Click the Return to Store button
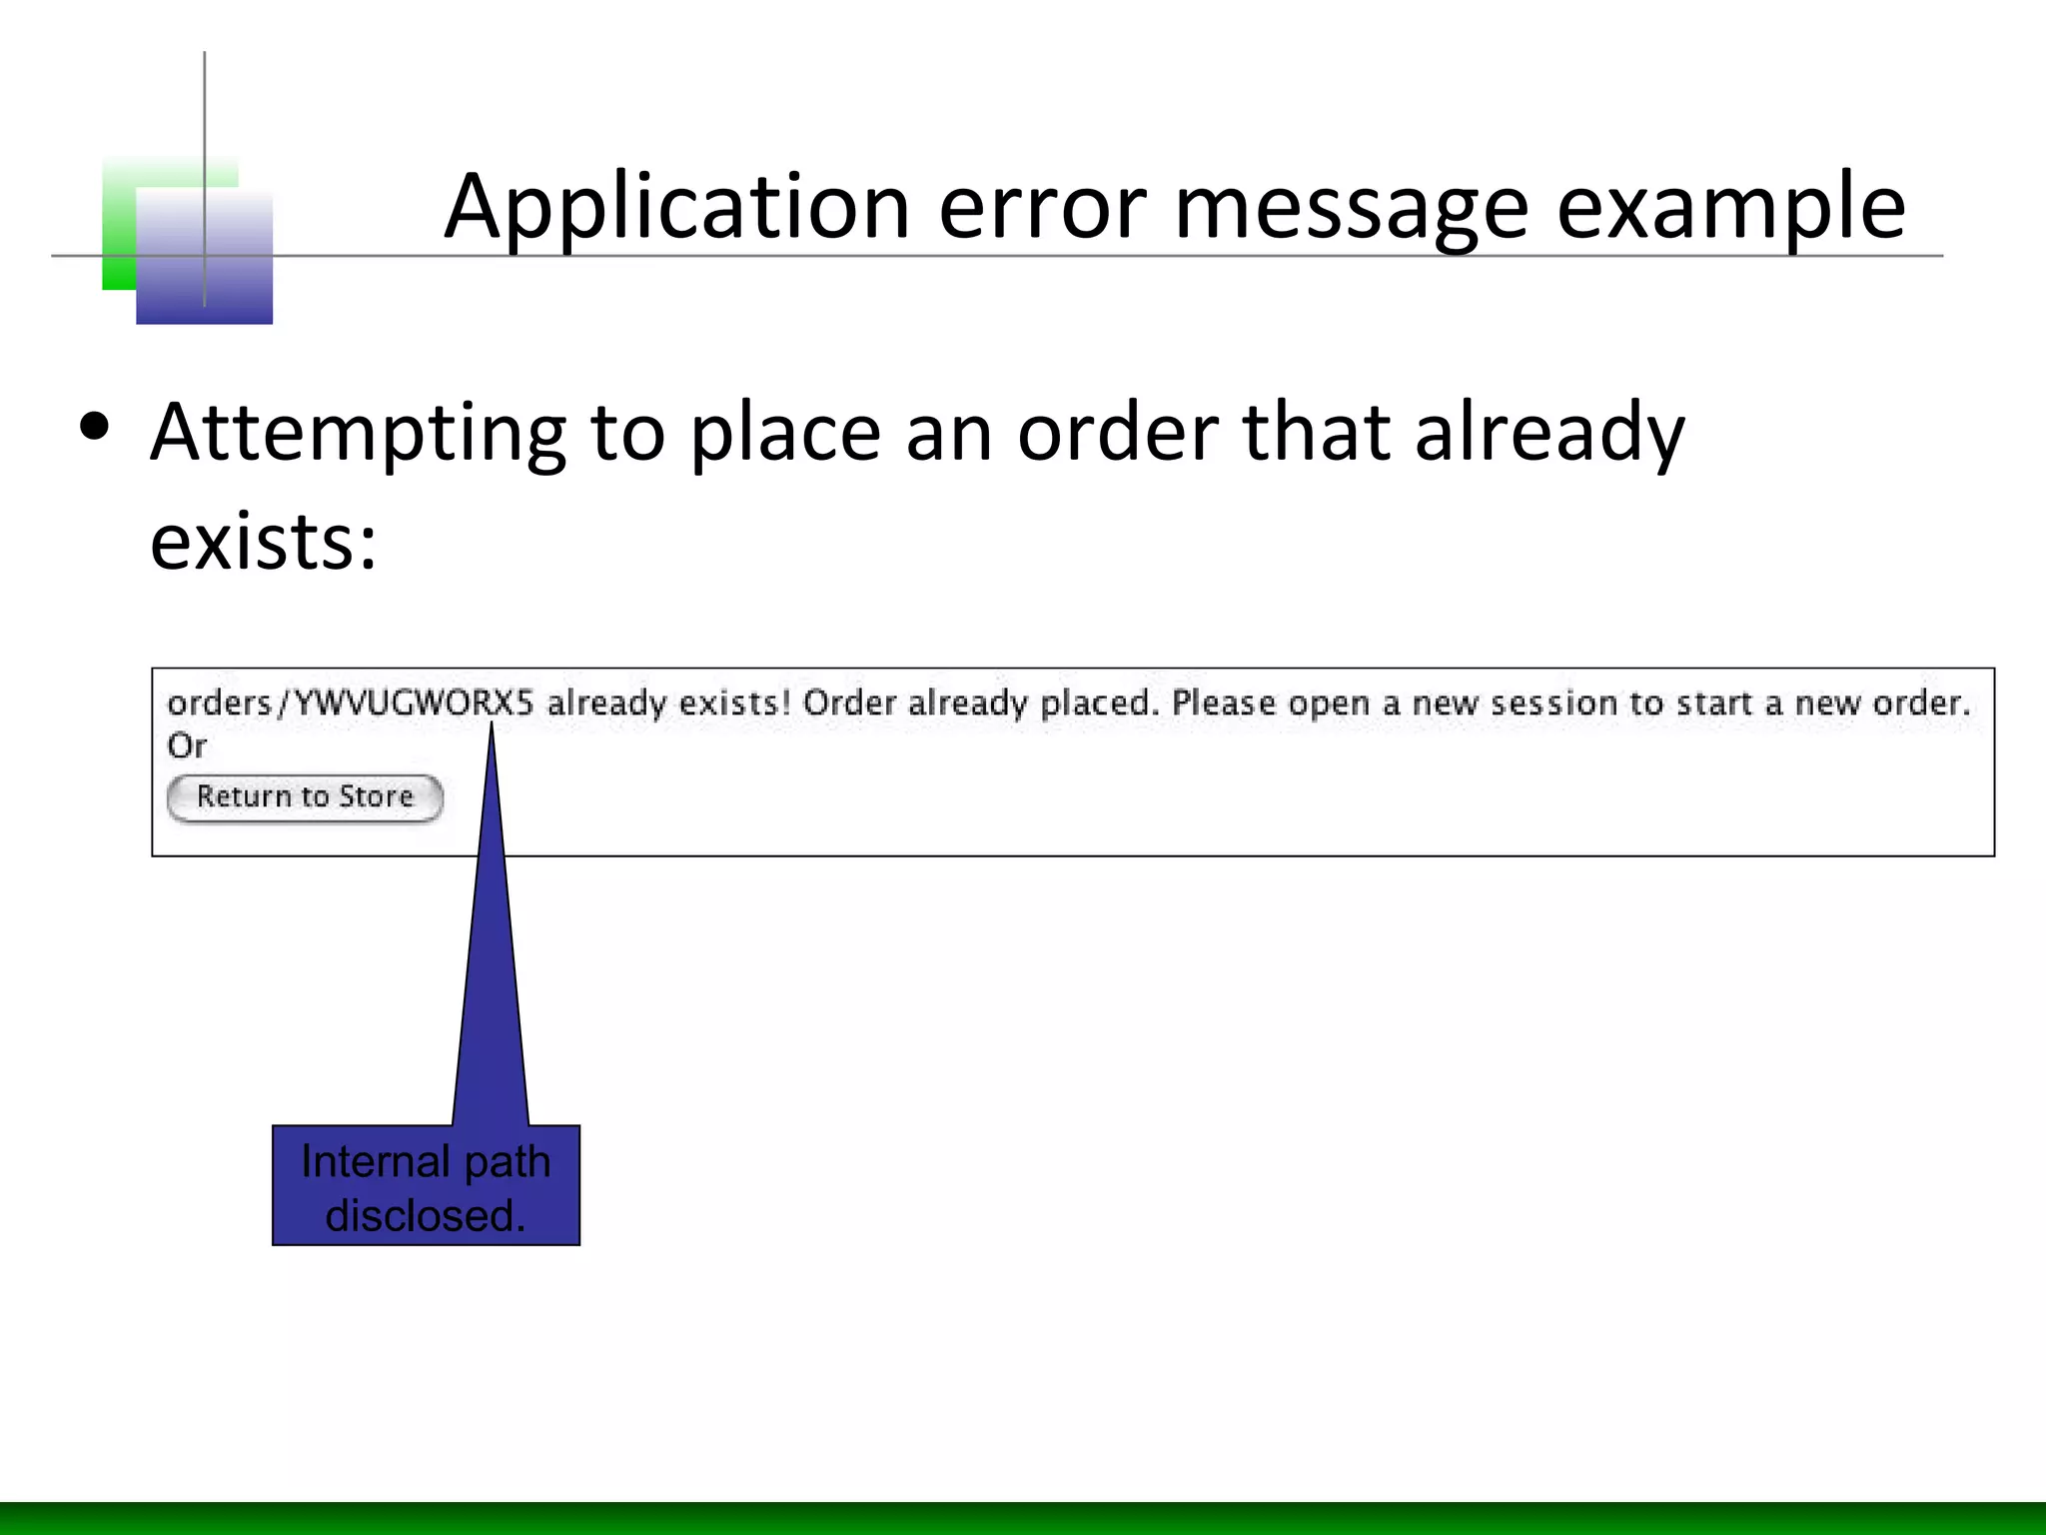(305, 797)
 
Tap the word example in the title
(1730, 208)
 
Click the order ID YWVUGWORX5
(415, 704)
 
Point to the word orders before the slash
(219, 704)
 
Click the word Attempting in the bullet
(358, 434)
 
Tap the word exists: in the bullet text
(264, 542)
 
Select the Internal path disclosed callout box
(426, 1185)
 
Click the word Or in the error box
(187, 746)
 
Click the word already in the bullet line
(1549, 434)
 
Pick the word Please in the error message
(1224, 704)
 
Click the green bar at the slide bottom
(1023, 1518)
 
